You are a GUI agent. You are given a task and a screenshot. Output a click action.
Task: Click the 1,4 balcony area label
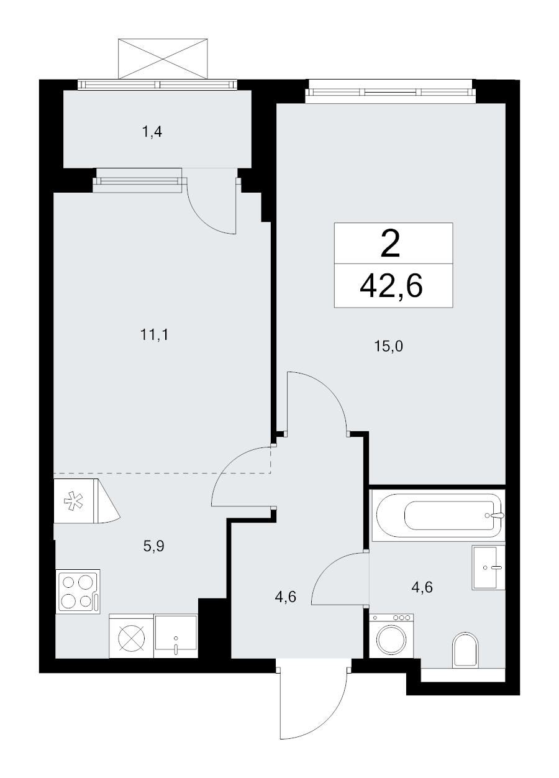152,132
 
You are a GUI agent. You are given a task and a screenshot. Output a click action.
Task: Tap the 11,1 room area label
154,335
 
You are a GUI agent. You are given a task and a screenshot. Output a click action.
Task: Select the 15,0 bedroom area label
389,347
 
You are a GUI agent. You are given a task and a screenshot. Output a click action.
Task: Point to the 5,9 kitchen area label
153,546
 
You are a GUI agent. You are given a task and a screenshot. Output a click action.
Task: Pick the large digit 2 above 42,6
391,244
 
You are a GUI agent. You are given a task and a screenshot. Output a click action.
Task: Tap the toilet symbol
466,644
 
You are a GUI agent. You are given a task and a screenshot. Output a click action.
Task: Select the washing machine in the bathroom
391,636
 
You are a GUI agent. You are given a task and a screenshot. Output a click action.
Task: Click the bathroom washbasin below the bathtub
489,567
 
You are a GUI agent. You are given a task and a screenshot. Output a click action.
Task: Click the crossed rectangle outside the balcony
163,58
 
